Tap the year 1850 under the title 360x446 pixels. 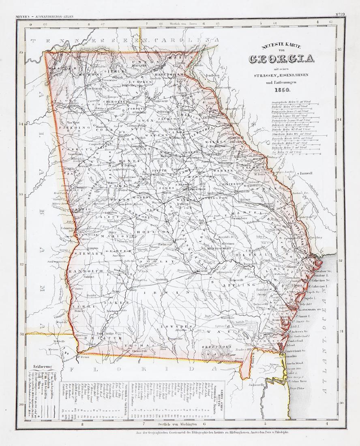click(x=281, y=90)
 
